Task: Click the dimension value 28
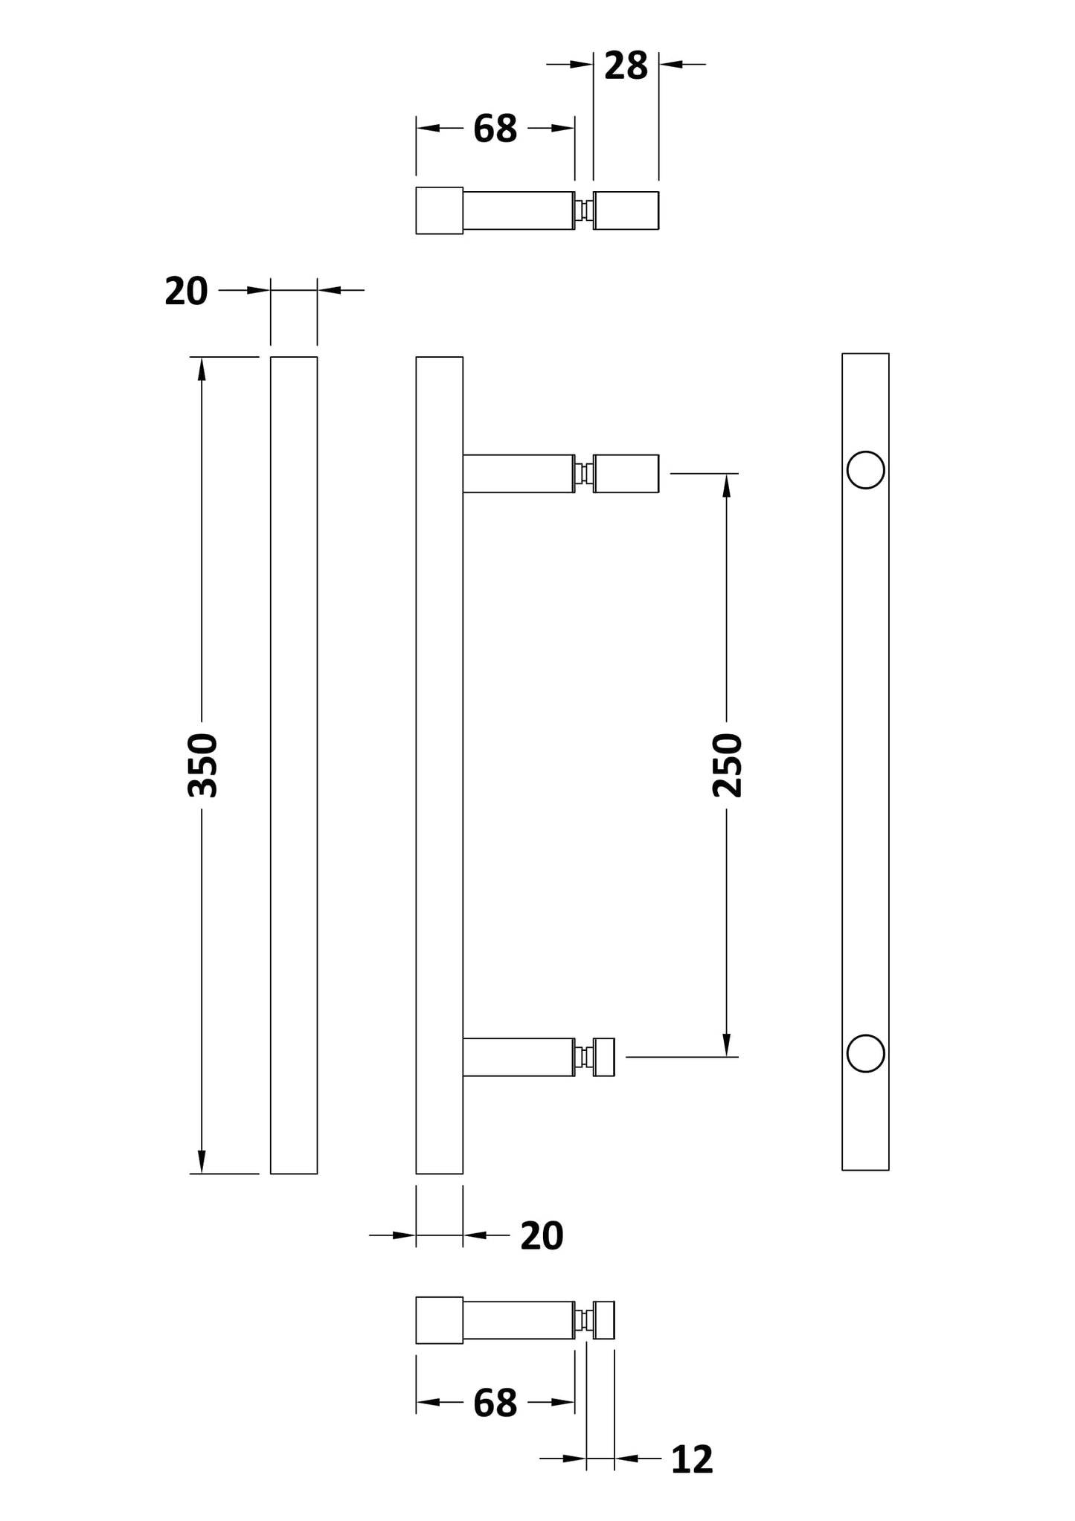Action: tap(626, 66)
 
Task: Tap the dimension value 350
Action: tap(202, 765)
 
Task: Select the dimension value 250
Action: tap(727, 765)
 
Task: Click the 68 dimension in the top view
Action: tap(495, 129)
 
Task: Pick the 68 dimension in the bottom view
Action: tap(495, 1403)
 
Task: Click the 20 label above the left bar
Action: tap(186, 291)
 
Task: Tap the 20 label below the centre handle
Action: tap(542, 1236)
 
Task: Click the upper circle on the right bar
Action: tap(865, 470)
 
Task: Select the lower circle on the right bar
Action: tap(865, 1053)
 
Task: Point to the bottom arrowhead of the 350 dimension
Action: tap(202, 1161)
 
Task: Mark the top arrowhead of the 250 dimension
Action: tap(727, 486)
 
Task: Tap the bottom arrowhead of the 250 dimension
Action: tap(727, 1044)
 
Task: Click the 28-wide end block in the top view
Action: tap(626, 210)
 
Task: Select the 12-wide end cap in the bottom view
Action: tap(605, 1319)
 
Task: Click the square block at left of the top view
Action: tap(439, 210)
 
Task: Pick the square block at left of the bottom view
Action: tap(439, 1320)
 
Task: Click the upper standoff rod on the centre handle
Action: tap(519, 473)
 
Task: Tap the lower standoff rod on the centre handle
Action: tap(519, 1057)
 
